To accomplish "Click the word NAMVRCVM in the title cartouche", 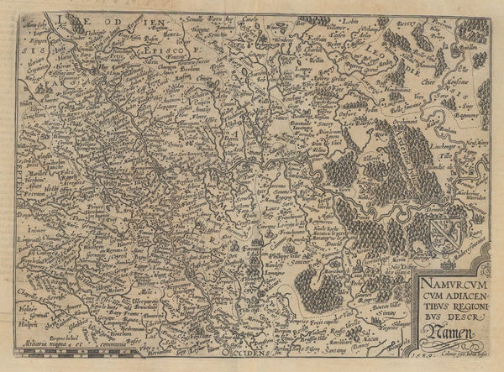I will (443, 286).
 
